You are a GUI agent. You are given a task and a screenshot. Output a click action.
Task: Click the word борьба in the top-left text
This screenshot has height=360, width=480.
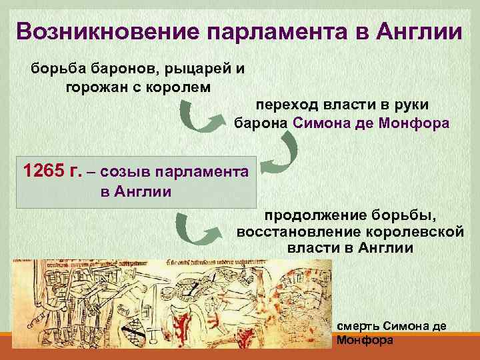coord(53,69)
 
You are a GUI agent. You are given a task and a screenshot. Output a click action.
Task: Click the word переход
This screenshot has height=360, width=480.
coord(289,105)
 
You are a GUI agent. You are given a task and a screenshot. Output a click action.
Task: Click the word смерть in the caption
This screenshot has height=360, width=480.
coord(359,327)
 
